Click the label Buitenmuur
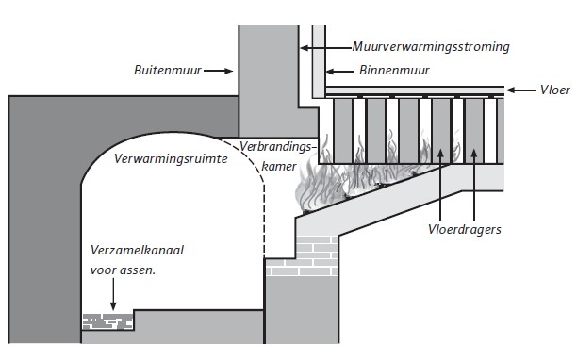(x=168, y=71)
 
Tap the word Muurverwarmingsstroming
(x=431, y=47)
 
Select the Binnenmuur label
(x=394, y=71)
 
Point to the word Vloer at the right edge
(x=555, y=90)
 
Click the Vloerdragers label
(x=465, y=229)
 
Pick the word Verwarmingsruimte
(x=171, y=159)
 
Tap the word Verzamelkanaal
(x=137, y=251)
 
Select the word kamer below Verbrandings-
(x=279, y=167)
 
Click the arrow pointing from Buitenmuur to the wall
(x=218, y=71)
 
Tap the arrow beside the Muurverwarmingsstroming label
(x=325, y=48)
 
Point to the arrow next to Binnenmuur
(x=340, y=72)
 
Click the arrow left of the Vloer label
(x=521, y=90)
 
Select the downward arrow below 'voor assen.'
(x=113, y=294)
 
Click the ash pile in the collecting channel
(x=107, y=321)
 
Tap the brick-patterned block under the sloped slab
(x=302, y=256)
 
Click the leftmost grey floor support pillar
(x=343, y=131)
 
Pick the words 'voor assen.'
(x=123, y=270)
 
